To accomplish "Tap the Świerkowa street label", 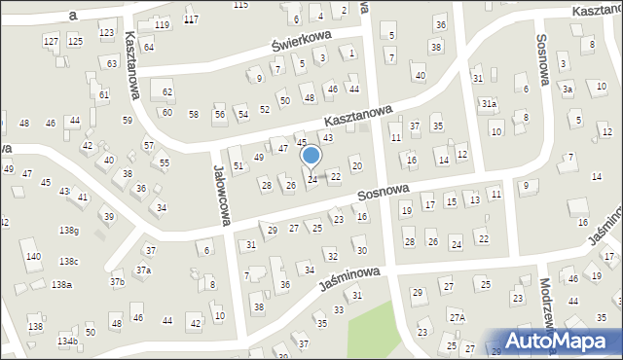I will pos(302,39).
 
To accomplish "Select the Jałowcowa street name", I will pos(221,195).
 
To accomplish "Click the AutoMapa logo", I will pos(564,340).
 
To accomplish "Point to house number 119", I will pos(162,24).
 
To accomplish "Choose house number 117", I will pos(191,19).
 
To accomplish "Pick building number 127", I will pos(51,41).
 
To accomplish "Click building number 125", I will pos(75,41).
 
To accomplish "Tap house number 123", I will pos(106,33).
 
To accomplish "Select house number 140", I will pos(34,257).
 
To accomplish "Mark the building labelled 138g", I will pos(68,231).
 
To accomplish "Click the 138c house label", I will pos(68,262).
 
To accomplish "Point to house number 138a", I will pos(62,284).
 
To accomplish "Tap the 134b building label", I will pos(67,342).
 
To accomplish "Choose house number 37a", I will pos(143,270).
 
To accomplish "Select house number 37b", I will pos(117,282).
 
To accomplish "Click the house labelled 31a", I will pos(489,103).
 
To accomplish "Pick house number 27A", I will pos(457,317).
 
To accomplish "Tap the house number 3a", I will pos(567,89).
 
